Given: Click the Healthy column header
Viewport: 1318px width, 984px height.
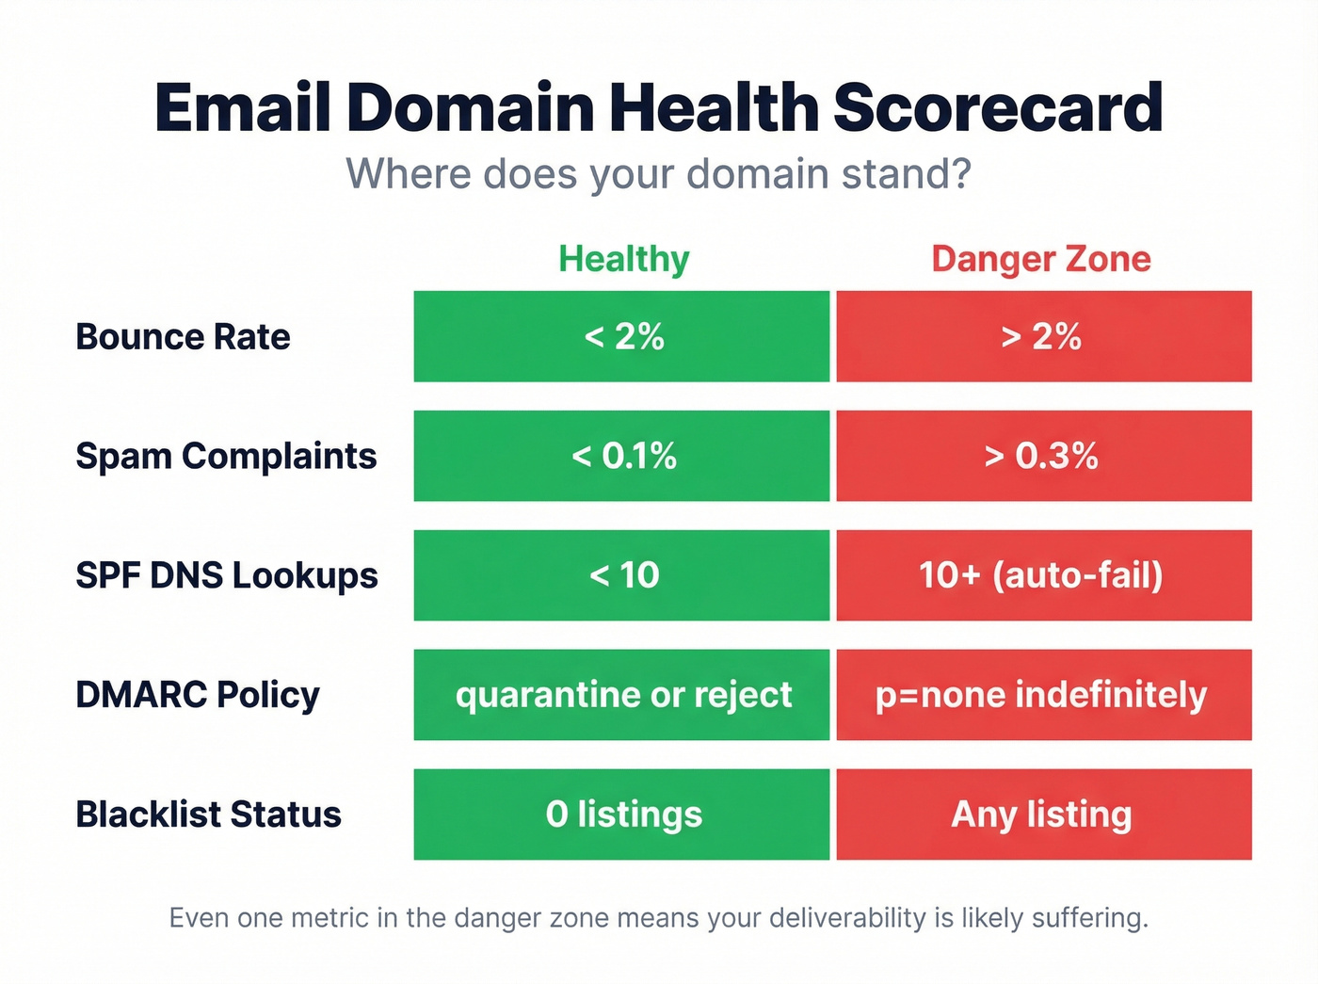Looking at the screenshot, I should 623,259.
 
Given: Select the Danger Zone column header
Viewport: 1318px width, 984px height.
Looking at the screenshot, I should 1041,259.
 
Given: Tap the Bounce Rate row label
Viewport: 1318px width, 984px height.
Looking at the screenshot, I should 183,337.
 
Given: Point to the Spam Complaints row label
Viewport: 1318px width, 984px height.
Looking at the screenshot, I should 226,457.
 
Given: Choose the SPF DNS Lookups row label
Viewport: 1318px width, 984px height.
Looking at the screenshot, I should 227,575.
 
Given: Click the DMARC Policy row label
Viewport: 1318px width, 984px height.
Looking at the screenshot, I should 198,695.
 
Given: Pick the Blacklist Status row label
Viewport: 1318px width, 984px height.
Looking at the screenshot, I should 208,815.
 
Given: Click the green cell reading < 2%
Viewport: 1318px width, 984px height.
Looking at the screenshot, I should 621,337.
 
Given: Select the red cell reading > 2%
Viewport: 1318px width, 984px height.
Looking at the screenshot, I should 1043,337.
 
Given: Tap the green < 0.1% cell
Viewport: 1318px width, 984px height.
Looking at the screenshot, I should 621,457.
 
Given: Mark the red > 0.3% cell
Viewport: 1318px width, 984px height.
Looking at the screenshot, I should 1043,457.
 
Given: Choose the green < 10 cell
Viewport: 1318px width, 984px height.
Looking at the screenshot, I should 621,575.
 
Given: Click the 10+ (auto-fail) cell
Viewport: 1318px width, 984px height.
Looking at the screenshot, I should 1043,575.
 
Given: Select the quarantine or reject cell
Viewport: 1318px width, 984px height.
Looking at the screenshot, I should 621,695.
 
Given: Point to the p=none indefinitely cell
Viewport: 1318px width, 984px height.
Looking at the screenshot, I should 1043,695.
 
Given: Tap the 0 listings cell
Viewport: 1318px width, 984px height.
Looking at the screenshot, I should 621,815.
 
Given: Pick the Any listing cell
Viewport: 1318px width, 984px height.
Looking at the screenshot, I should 1043,815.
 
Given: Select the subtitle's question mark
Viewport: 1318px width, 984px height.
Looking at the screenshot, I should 961,175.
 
